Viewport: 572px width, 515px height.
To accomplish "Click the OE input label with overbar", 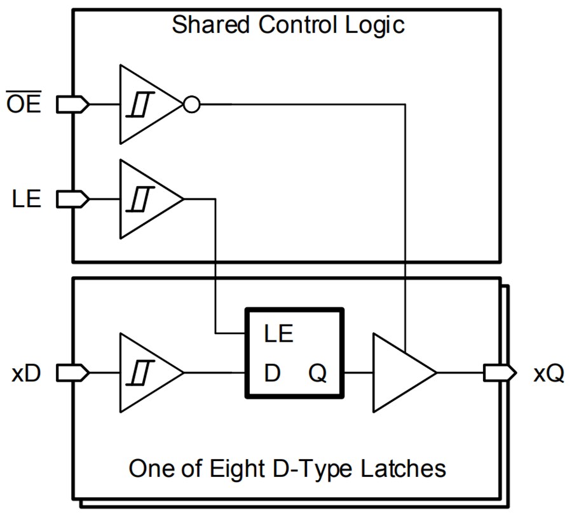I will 24,104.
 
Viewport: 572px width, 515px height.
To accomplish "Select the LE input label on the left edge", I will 26,199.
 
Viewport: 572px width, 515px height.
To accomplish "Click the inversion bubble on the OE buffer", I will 191,104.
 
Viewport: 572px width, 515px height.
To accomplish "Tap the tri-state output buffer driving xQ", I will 400,373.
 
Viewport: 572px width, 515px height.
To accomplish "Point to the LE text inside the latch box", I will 279,333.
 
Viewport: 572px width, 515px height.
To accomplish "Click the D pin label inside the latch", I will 272,373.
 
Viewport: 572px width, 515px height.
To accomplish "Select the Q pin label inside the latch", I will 318,373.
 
